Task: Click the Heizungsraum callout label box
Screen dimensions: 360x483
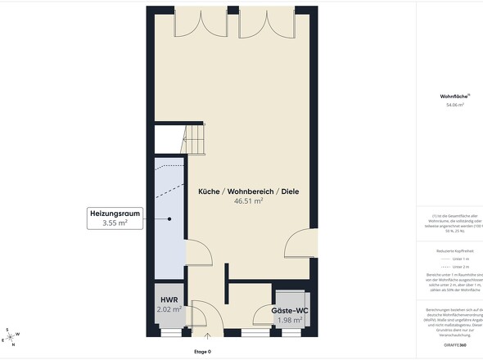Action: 115,218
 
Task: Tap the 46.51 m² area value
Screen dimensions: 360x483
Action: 248,200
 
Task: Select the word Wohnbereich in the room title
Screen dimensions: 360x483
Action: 250,191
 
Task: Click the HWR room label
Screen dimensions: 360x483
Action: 170,300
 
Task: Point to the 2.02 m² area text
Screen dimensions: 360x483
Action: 170,310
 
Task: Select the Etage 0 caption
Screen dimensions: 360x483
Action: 202,352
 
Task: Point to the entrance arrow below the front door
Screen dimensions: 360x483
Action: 207,335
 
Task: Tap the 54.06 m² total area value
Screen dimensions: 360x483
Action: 454,106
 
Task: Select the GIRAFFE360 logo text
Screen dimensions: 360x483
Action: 468,347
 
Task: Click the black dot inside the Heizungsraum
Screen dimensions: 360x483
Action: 170,218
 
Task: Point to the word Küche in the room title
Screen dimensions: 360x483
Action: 208,191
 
